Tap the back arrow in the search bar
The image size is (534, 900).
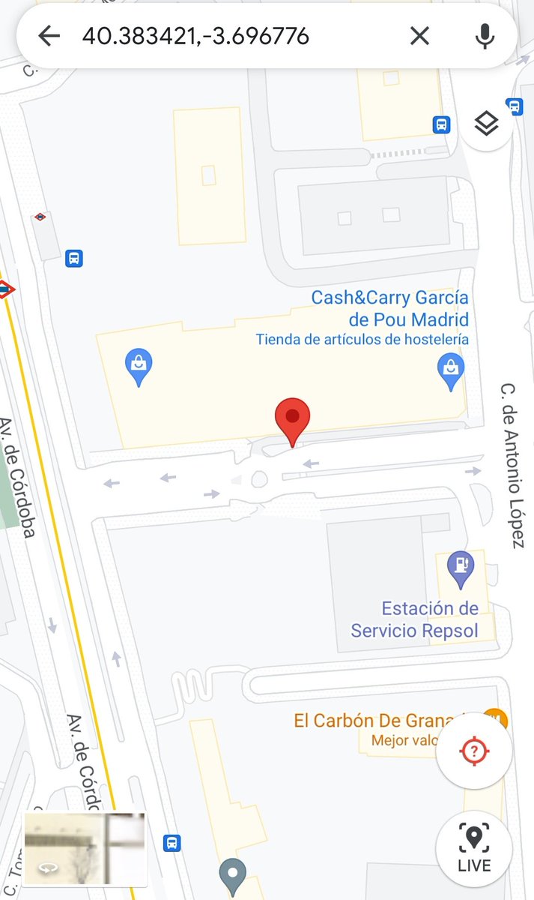(x=49, y=35)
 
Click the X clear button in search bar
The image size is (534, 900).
(x=419, y=35)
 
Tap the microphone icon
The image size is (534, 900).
(x=485, y=35)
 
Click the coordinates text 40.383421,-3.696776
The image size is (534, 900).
(x=195, y=36)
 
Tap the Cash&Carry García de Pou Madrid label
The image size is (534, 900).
(x=389, y=308)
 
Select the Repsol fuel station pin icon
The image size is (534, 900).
(x=459, y=568)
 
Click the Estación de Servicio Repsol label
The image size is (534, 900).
(x=414, y=619)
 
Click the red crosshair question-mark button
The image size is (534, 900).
(x=474, y=751)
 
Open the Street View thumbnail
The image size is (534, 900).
(x=85, y=849)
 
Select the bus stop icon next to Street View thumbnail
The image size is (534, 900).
(x=172, y=843)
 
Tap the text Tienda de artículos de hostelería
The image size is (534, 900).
(x=362, y=340)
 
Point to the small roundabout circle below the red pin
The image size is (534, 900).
(x=259, y=478)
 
